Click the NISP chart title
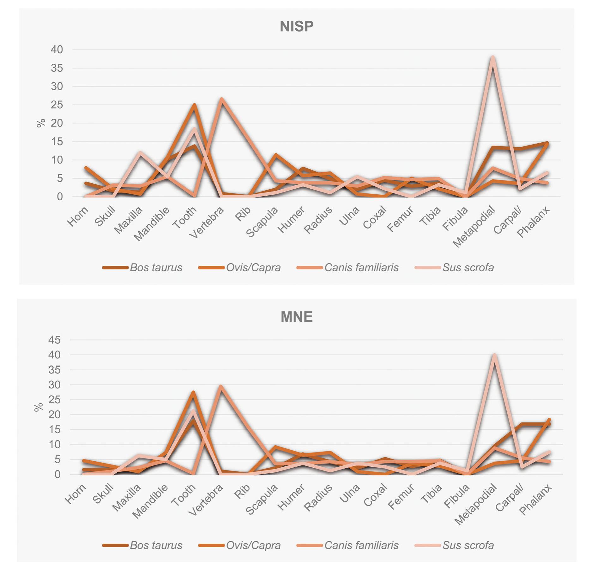(296, 26)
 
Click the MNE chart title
(296, 317)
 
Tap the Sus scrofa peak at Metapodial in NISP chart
(492, 58)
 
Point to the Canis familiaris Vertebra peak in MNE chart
(221, 387)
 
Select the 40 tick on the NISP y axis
(57, 50)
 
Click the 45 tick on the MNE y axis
(54, 340)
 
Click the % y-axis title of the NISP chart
(41, 123)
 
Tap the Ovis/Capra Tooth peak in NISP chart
(194, 105)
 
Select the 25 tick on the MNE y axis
(54, 399)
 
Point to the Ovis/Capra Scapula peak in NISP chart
(276, 155)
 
